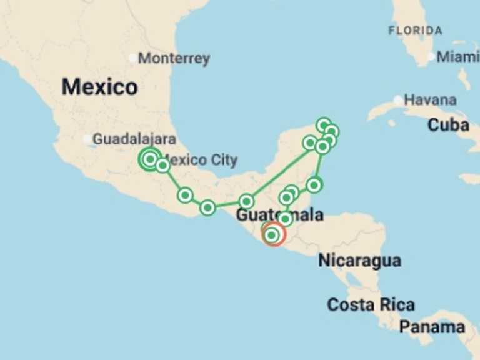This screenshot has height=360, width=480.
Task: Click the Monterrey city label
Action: (174, 59)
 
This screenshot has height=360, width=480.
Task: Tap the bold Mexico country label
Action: (99, 87)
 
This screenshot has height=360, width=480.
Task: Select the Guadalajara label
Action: (134, 139)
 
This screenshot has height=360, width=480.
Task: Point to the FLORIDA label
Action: (415, 30)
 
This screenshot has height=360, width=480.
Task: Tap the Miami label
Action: (457, 57)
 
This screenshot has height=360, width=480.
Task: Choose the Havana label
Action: (430, 100)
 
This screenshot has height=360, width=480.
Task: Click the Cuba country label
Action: (448, 125)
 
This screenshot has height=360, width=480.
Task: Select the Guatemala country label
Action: (279, 216)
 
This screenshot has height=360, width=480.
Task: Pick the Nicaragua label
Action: (360, 261)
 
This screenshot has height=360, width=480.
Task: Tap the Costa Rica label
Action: (371, 305)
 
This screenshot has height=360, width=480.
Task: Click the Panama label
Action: (432, 327)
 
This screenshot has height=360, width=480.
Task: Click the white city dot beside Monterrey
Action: (132, 58)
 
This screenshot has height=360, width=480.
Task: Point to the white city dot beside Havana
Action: (398, 100)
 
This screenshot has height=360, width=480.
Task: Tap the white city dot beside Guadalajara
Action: (87, 139)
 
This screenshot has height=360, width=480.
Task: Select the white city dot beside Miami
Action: (431, 57)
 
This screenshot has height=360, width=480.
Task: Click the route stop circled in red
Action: (273, 234)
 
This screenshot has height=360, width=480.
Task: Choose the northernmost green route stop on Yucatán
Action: (323, 125)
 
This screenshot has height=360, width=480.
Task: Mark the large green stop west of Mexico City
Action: (149, 159)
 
